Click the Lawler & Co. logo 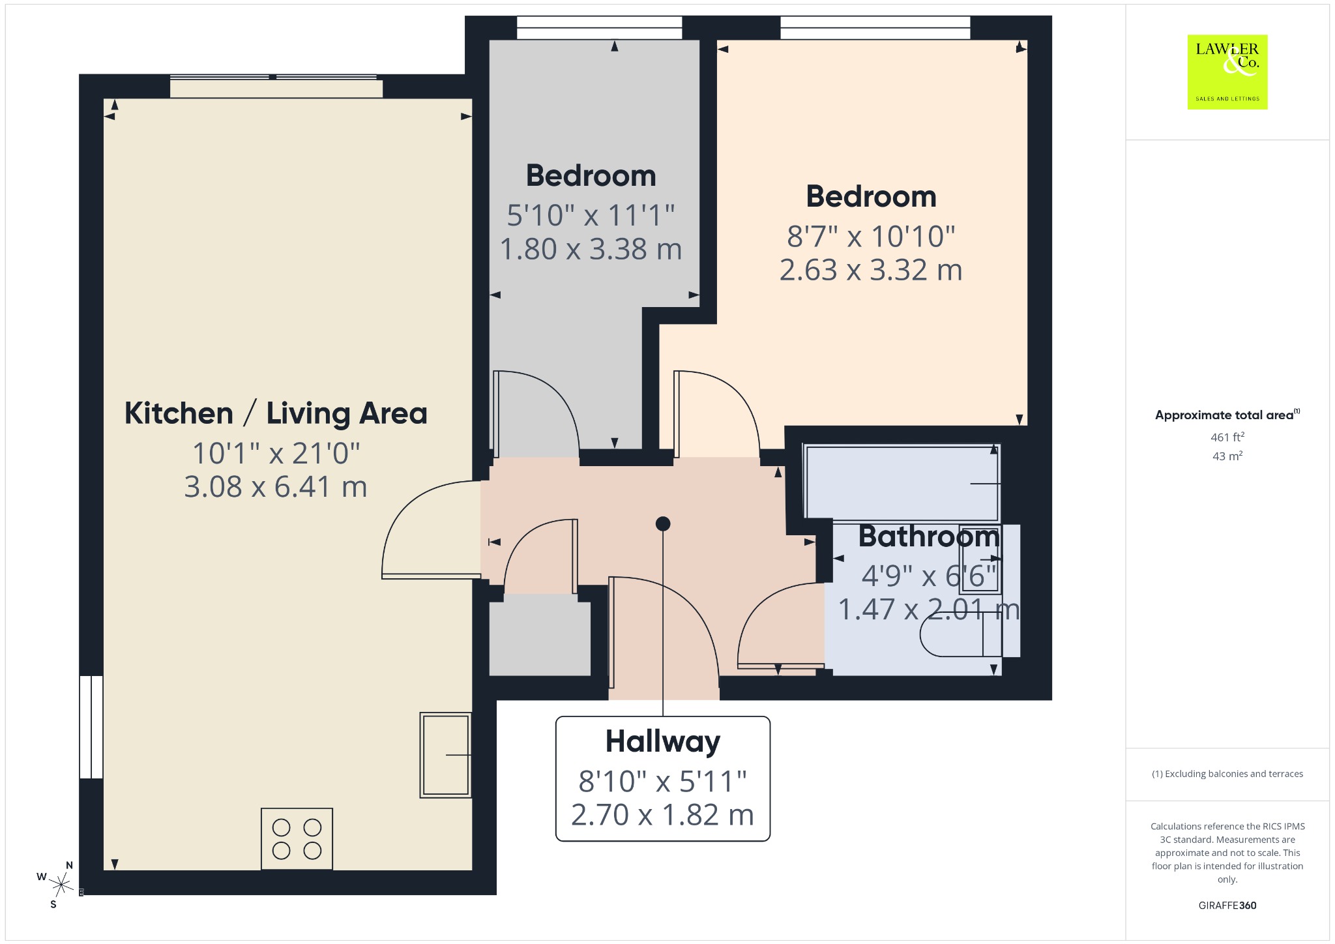click(1227, 72)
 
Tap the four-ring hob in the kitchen click(297, 839)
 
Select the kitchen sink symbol click(445, 755)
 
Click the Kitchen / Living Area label click(276, 413)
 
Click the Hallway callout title click(663, 742)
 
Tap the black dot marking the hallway click(663, 524)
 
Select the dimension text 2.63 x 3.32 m click(871, 270)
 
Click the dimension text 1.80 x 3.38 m click(591, 249)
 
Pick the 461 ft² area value click(1227, 437)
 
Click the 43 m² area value click(1227, 456)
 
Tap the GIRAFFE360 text click(1227, 905)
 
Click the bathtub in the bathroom click(902, 483)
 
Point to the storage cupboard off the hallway click(540, 638)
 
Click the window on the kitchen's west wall click(91, 727)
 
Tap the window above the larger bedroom click(875, 27)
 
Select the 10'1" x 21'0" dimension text click(276, 453)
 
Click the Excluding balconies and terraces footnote click(1227, 774)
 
